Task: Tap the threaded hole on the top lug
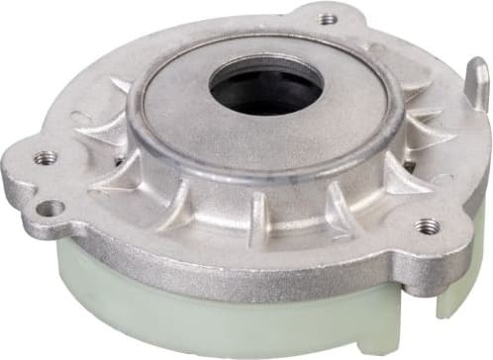tap(328, 19)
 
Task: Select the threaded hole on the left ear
tap(45, 157)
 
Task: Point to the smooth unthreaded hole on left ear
tap(49, 208)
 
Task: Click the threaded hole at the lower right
tap(428, 226)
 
